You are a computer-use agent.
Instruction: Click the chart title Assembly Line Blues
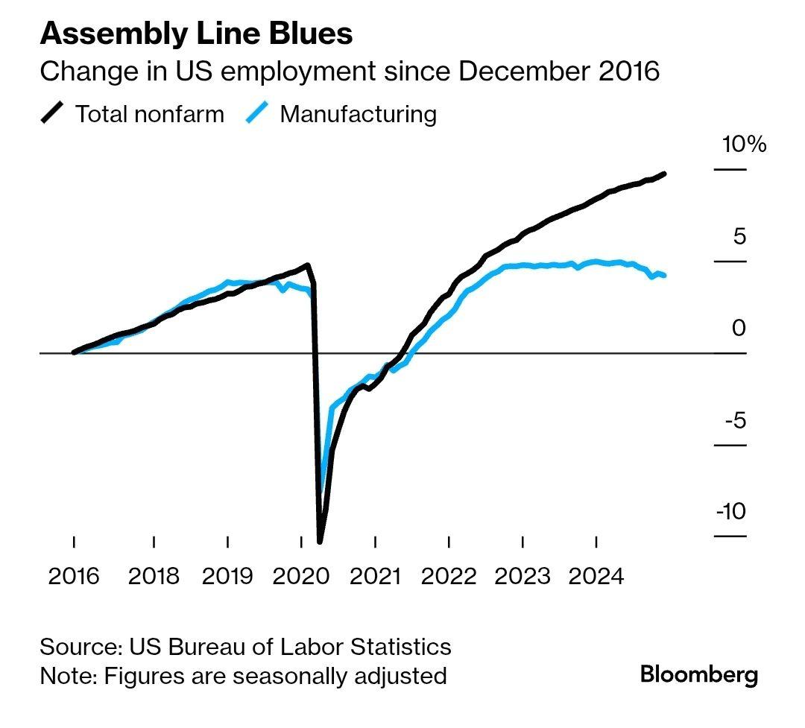[196, 34]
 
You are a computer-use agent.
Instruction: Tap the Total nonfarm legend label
[149, 114]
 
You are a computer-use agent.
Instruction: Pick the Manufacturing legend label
[358, 114]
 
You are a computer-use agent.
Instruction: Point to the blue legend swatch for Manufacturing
[256, 114]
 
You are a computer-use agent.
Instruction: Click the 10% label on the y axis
[743, 144]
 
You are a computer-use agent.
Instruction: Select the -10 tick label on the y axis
[730, 512]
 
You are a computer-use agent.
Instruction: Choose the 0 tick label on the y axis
[738, 328]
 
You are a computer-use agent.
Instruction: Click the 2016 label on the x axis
[74, 576]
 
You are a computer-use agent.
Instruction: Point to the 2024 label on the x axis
[596, 576]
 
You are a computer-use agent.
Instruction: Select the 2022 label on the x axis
[449, 576]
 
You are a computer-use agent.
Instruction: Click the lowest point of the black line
[321, 541]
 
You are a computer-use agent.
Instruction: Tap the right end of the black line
[664, 174]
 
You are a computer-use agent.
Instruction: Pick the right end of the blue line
[664, 276]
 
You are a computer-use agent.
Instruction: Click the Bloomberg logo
[699, 675]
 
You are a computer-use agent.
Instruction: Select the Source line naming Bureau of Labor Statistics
[245, 646]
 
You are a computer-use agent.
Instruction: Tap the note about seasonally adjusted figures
[243, 676]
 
